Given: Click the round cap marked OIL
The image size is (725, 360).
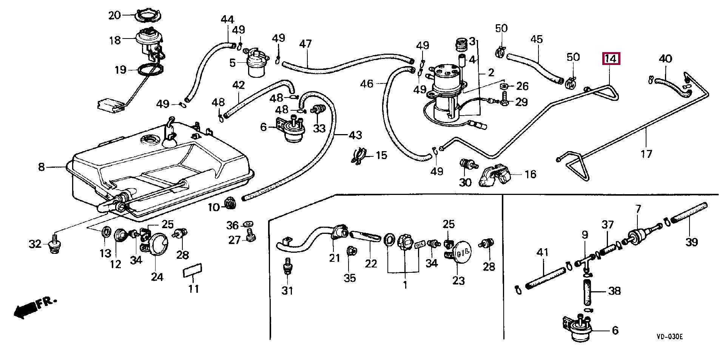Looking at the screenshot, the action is tap(461, 251).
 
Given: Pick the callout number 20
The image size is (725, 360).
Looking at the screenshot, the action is tap(114, 15).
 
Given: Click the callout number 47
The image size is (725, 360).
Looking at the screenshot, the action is tap(305, 44).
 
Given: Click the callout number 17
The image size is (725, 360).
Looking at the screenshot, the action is tap(646, 153).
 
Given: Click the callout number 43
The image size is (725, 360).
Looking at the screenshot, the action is tap(355, 135).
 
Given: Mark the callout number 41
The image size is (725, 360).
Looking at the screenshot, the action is tap(543, 252).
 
